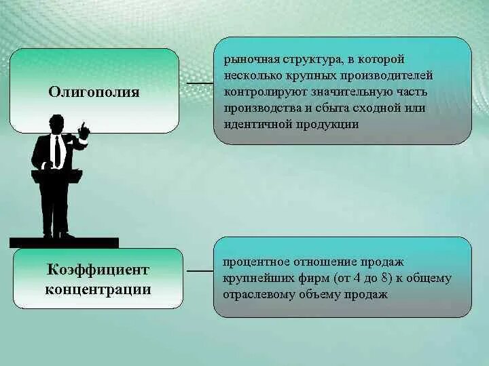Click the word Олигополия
(94, 92)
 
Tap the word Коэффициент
(98, 270)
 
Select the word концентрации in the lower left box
(98, 289)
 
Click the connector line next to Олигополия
(200, 83)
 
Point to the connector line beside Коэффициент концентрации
(200, 270)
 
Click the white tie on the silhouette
(57, 150)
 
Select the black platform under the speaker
(64, 243)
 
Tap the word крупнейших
(251, 278)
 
